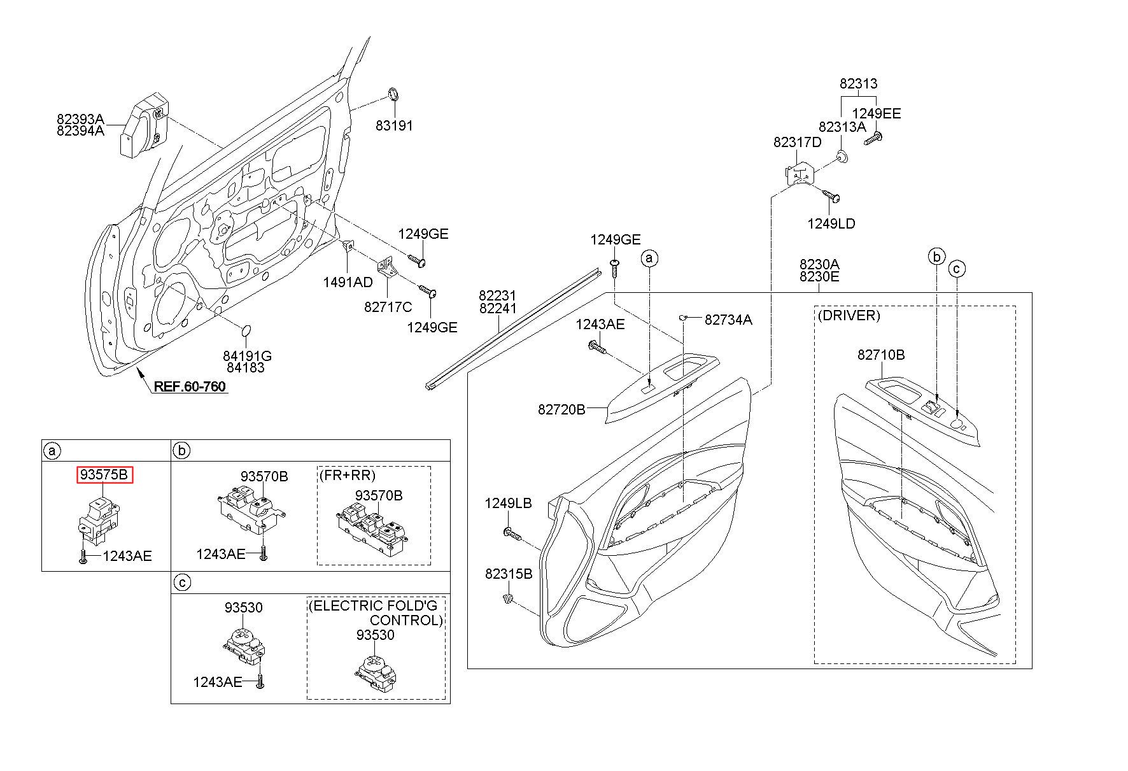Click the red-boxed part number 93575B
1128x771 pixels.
(105, 475)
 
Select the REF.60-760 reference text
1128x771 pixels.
(190, 386)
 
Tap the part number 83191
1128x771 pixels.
(394, 126)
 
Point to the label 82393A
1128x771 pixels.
(80, 119)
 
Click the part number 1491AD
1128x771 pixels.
(348, 281)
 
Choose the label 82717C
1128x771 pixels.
(388, 307)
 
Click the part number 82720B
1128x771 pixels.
(561, 410)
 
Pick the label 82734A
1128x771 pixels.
(728, 320)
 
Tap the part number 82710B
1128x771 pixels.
(881, 355)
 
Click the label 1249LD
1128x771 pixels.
(831, 224)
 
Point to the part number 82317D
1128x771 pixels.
(798, 143)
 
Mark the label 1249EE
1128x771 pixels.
(877, 114)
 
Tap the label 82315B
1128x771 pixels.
(509, 574)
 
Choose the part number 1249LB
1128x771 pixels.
(508, 503)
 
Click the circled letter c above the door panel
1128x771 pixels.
(957, 269)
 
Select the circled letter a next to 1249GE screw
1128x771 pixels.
(649, 258)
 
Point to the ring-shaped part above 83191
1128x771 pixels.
(393, 95)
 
